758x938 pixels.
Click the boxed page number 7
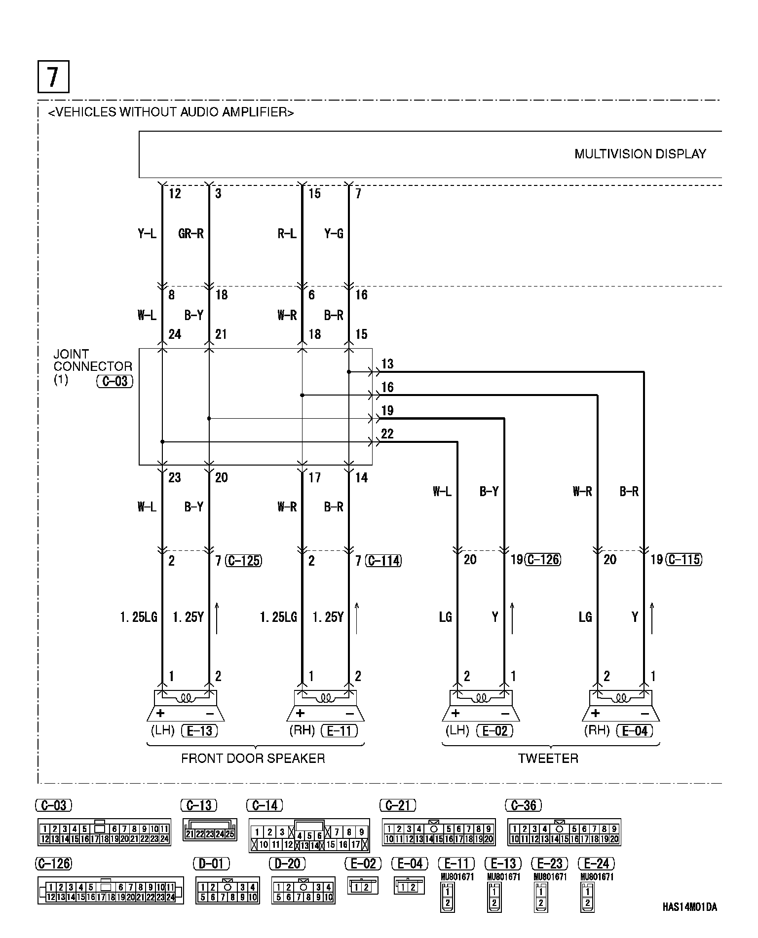click(x=53, y=76)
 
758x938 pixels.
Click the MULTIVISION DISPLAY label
click(x=640, y=154)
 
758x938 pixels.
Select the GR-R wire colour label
click(x=191, y=233)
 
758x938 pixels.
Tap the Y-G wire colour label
click(x=334, y=233)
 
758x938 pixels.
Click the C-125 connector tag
click(x=243, y=561)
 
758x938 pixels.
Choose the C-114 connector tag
click(x=383, y=561)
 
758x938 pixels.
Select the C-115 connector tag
click(x=683, y=560)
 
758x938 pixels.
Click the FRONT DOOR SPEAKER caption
click(x=253, y=758)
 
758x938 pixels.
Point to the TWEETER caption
click(x=548, y=758)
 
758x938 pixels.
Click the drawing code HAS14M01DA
click(x=689, y=907)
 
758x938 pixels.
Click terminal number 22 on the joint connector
click(x=387, y=433)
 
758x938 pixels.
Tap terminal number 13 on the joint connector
click(x=387, y=364)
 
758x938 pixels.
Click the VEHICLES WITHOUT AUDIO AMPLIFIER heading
click(x=171, y=112)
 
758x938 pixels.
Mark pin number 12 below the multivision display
click(x=175, y=193)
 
